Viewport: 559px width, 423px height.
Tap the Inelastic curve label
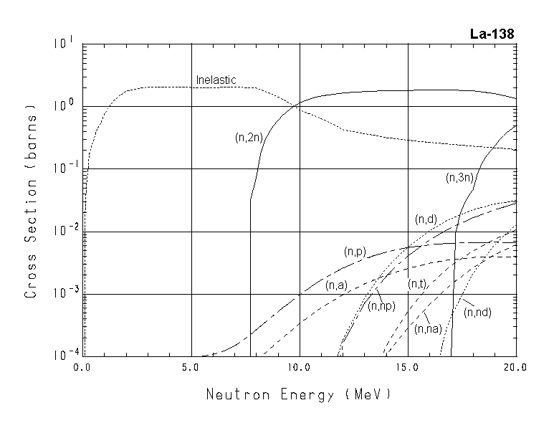click(216, 80)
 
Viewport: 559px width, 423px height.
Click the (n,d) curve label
click(426, 219)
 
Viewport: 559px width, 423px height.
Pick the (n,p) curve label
click(355, 251)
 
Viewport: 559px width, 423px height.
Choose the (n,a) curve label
click(336, 285)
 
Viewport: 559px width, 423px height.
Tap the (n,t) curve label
click(418, 285)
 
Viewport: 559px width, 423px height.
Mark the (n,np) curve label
click(382, 306)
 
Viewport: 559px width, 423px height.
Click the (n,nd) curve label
click(477, 312)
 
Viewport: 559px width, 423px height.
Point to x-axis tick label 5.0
click(191, 367)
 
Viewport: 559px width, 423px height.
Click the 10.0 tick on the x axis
click(299, 367)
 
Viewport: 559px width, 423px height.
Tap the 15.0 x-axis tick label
click(407, 367)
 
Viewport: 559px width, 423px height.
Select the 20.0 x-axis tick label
click(515, 367)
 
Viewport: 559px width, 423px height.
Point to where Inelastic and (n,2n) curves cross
click(295, 105)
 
